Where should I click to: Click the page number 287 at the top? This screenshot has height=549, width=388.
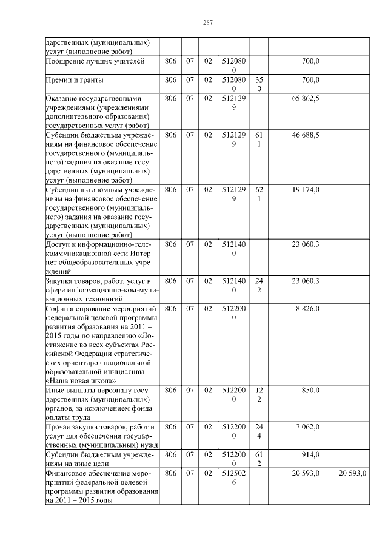pyautogui.click(x=207, y=23)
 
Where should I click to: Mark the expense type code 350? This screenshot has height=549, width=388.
pyautogui.click(x=259, y=84)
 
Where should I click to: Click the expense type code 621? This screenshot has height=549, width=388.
pyautogui.click(x=259, y=194)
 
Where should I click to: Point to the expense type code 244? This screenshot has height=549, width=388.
pyautogui.click(x=259, y=431)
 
